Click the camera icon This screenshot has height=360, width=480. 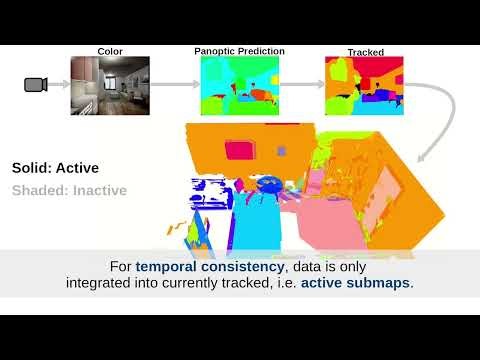point(36,85)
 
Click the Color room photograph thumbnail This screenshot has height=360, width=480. point(109,85)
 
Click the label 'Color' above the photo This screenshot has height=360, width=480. point(110,51)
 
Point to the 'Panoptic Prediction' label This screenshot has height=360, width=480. point(239,51)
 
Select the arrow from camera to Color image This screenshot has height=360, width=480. point(59,85)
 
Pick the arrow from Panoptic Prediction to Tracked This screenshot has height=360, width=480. point(301,85)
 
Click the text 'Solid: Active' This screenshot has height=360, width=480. point(55,168)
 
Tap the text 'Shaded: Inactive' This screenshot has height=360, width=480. point(69,190)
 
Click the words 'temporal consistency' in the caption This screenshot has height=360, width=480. point(194,267)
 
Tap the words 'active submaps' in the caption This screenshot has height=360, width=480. point(356,283)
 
